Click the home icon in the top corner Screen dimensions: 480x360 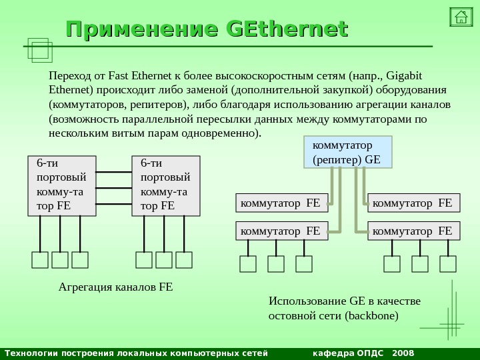coord(461,16)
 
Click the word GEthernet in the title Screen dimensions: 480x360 coord(287,30)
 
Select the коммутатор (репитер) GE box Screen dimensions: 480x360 coord(348,151)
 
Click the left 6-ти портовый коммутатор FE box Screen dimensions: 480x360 coord(62,186)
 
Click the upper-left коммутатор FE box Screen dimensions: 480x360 coord(283,202)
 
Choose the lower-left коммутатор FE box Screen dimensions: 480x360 coord(283,231)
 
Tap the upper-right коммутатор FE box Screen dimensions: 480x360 coord(414,202)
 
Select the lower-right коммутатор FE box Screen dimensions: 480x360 coord(414,231)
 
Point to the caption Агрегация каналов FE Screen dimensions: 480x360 coord(116,287)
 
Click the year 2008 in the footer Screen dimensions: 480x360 coord(403,352)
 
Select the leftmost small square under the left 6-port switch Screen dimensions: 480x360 coord(40,259)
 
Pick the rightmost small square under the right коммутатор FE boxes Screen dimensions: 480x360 coord(448,264)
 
